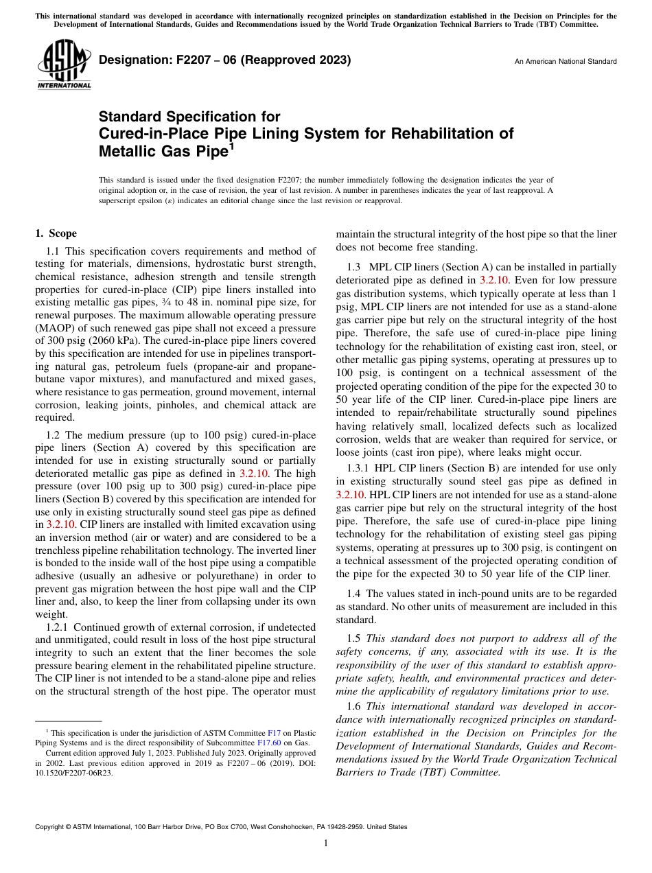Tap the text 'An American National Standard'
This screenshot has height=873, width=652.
pos(565,62)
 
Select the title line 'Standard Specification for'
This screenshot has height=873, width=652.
pos(189,117)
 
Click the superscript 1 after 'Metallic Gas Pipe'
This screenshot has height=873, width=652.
pos(231,144)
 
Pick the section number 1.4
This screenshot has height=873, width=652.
pos(353,593)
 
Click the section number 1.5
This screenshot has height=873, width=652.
pos(353,638)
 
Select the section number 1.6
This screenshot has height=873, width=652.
pos(353,706)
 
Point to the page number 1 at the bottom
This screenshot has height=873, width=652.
pos(325,843)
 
